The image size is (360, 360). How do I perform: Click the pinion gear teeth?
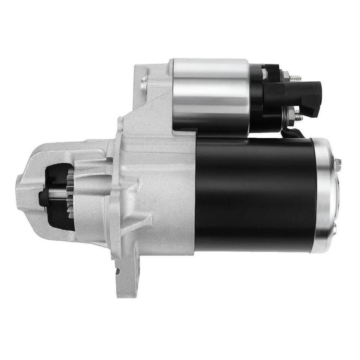tap(70, 195)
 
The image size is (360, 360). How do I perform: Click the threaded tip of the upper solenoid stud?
tap(298, 78)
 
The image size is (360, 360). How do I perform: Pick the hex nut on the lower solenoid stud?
tap(290, 114)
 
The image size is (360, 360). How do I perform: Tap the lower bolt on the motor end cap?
tap(335, 228)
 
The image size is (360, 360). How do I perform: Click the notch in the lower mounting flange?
tap(117, 271)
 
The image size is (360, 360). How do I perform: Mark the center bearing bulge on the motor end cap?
tap(337, 195)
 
